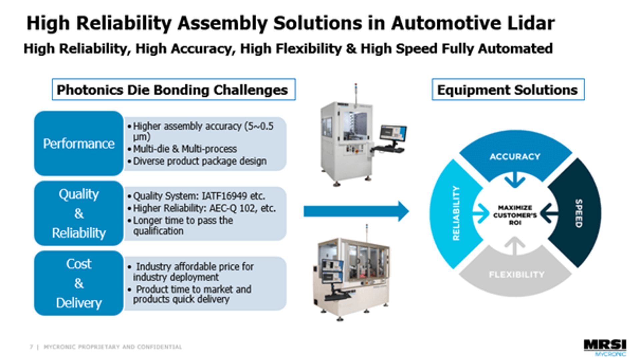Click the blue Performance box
pyautogui.click(x=79, y=143)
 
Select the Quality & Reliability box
pyautogui.click(x=79, y=213)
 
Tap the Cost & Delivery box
pyautogui.click(x=79, y=283)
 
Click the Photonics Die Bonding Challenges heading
pyautogui.click(x=174, y=90)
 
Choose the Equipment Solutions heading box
pyautogui.click(x=508, y=90)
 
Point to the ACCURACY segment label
pyautogui.click(x=515, y=157)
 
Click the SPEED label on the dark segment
pyautogui.click(x=579, y=214)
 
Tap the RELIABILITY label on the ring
pyautogui.click(x=456, y=213)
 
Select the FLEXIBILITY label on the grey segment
pyautogui.click(x=516, y=275)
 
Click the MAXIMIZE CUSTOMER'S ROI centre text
pyautogui.click(x=515, y=215)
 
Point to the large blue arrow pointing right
pyautogui.click(x=356, y=211)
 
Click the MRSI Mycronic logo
pyautogui.click(x=605, y=348)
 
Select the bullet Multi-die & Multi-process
pyautogui.click(x=185, y=149)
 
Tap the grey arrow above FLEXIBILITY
pyautogui.click(x=515, y=246)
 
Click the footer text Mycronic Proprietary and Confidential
pyautogui.click(x=113, y=347)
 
